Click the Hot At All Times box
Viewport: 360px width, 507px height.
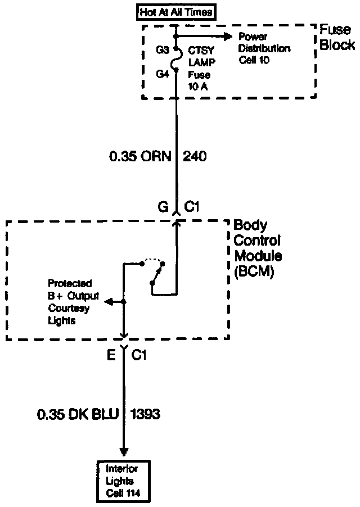click(x=175, y=11)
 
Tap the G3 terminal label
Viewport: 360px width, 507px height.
click(x=163, y=49)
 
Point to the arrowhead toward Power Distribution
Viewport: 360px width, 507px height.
click(x=228, y=36)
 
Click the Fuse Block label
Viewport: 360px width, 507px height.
click(x=336, y=37)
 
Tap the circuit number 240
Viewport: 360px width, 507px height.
click(x=195, y=156)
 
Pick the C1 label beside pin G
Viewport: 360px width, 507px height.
click(x=193, y=208)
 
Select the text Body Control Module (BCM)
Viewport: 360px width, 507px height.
click(x=257, y=248)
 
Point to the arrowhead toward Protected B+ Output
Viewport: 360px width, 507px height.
click(x=107, y=302)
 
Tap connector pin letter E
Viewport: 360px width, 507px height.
click(x=111, y=355)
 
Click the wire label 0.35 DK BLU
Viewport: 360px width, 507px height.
click(x=78, y=415)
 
